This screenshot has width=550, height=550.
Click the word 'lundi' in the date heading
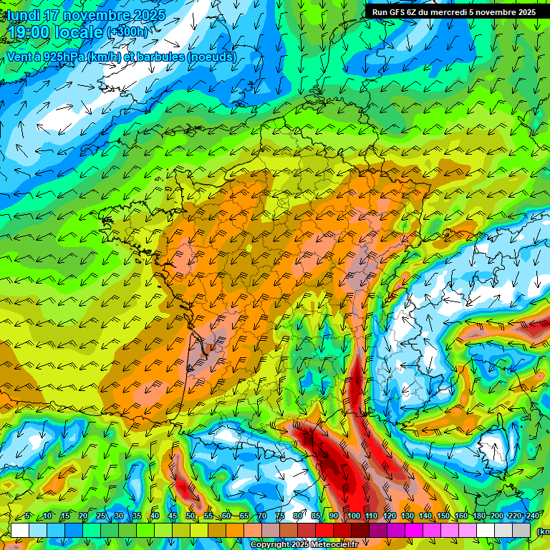(x=24, y=15)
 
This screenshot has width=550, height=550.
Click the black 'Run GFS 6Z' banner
(x=453, y=12)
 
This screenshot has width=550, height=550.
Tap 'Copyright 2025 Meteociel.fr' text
(x=304, y=545)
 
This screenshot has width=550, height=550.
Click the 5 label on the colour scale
(x=27, y=516)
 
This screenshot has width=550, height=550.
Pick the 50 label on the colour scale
(x=190, y=516)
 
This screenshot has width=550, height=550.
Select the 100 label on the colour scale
(x=353, y=516)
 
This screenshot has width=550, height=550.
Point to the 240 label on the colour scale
(x=533, y=516)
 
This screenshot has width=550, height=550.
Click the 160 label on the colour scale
(x=461, y=516)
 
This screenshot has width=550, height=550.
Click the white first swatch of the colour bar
(x=20, y=530)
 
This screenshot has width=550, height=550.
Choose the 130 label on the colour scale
(x=407, y=516)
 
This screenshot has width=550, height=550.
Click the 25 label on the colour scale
(x=100, y=516)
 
